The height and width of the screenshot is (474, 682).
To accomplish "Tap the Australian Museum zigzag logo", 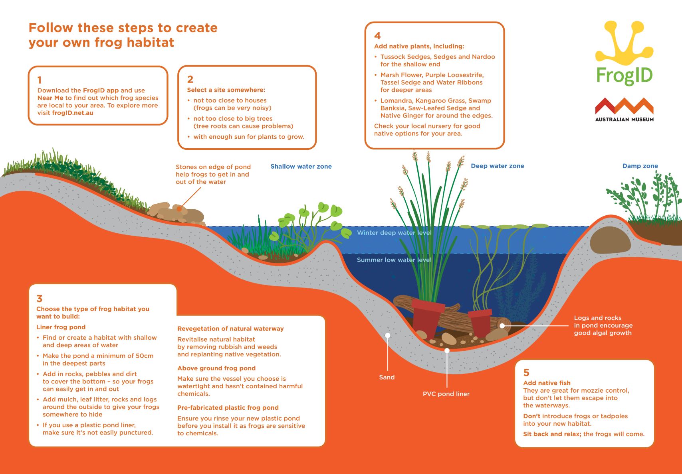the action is (x=625, y=106).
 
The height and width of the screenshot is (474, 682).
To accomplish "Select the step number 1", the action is (x=39, y=80).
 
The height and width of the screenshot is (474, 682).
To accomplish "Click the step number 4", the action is (x=378, y=36).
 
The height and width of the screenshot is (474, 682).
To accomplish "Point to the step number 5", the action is (x=526, y=372).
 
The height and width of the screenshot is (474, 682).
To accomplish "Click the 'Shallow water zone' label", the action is (x=301, y=166).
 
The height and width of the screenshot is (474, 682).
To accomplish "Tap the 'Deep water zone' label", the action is (x=498, y=166).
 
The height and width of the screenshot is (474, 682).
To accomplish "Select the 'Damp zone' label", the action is (x=640, y=166).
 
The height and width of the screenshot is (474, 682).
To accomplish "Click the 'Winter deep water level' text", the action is (x=394, y=233).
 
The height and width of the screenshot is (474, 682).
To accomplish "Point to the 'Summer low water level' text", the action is (x=394, y=260).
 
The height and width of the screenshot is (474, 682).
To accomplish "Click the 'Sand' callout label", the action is (x=387, y=377).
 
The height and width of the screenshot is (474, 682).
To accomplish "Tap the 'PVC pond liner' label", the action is (x=446, y=394).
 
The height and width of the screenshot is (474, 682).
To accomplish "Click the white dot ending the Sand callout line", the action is (x=388, y=335).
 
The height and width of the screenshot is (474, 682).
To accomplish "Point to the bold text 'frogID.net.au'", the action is (x=73, y=113).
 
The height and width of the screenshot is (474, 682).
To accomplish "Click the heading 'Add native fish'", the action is (x=547, y=383).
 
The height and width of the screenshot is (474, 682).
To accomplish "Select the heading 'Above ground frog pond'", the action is (x=216, y=368).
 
